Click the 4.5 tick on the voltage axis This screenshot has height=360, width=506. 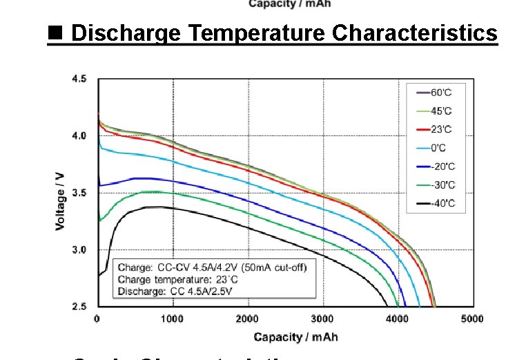tap(80, 79)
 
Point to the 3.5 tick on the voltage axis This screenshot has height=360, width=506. tap(80, 193)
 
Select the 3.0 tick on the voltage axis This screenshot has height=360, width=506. tap(80, 249)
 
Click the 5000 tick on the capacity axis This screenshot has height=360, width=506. tap(472, 319)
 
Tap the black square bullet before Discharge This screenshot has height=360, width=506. tap(55, 32)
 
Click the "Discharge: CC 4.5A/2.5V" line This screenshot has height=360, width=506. tap(175, 292)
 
